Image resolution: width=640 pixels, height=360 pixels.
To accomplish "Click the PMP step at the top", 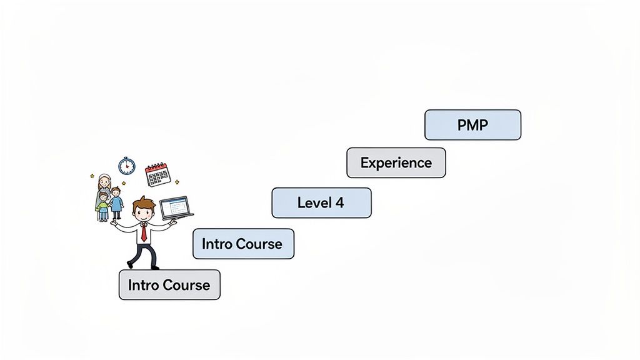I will pos(472,125).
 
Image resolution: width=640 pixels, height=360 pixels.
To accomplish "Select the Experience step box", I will pos(396,163).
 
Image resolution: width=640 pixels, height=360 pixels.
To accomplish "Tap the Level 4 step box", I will pos(321,203).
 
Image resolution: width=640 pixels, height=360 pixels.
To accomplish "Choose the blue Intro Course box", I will pos(243,244).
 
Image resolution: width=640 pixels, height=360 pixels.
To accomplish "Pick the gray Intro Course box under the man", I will pos(169,285).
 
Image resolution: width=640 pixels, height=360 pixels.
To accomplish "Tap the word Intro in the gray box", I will pos(142,285).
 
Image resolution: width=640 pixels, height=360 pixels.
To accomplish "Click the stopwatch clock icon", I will pos(127,166).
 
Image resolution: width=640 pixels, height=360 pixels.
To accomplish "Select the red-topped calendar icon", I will pos(157,175).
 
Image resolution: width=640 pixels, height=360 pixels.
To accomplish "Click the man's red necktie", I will pos(144,234).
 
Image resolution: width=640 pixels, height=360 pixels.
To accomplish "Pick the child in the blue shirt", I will pos(116,203).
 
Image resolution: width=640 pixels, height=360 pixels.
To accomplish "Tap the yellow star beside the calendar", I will pos(177,182).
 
